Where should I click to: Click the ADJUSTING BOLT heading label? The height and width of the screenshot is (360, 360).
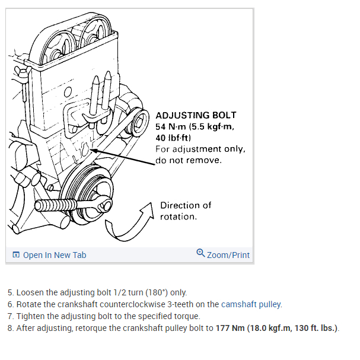[x=195, y=115]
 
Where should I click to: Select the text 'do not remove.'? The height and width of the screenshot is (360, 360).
[x=189, y=160]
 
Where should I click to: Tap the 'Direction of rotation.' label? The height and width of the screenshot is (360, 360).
[x=185, y=211]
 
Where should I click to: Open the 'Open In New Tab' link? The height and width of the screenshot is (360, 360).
[x=54, y=255]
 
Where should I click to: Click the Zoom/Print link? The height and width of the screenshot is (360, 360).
[x=228, y=255]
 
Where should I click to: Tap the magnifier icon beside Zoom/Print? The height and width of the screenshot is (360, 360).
[x=200, y=254]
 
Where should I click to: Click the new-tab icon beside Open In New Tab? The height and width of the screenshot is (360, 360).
[x=16, y=255]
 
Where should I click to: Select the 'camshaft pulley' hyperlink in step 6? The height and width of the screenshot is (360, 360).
[x=251, y=304]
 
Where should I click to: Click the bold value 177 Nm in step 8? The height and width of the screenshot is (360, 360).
[x=229, y=328]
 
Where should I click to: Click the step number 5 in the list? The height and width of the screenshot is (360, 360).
[x=10, y=292]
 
